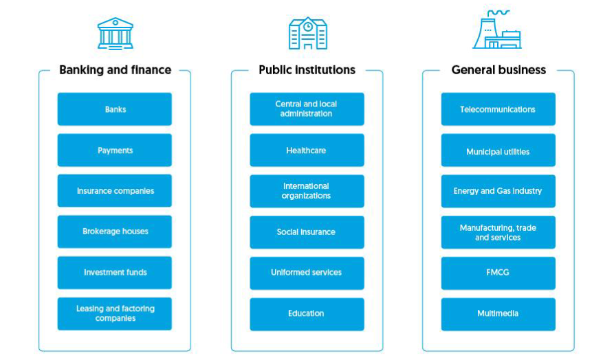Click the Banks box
click(x=115, y=109)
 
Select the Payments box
click(x=115, y=150)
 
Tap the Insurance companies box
click(x=115, y=191)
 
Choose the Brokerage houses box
click(x=115, y=232)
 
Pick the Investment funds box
click(x=115, y=273)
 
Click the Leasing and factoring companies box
click(x=115, y=314)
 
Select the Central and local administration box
click(x=307, y=109)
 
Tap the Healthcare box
click(x=307, y=150)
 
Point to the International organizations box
click(x=307, y=191)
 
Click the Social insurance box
click(x=307, y=232)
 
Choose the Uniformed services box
click(x=307, y=273)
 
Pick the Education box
click(x=307, y=314)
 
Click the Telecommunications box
click(x=498, y=109)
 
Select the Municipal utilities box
click(x=498, y=150)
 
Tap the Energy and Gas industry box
click(x=498, y=191)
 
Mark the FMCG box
click(x=498, y=273)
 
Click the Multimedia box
click(x=498, y=314)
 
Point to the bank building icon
click(x=116, y=34)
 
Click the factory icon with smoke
click(x=497, y=30)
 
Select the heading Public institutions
click(x=307, y=70)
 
